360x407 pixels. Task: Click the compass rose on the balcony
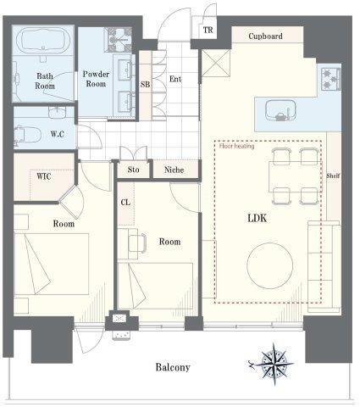274,364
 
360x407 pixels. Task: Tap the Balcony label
173,367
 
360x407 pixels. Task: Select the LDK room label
257,218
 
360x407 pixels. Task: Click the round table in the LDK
270,265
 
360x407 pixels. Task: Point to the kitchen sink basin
280,110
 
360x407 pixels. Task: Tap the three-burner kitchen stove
330,80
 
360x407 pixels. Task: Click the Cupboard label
265,36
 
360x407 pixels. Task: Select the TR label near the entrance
208,30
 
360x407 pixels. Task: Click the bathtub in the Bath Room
43,41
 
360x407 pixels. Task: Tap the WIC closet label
44,176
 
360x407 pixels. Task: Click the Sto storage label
133,170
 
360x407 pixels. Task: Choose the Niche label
174,170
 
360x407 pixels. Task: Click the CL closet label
125,203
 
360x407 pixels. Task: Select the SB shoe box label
145,84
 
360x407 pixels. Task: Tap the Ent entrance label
175,79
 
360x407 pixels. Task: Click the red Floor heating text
236,146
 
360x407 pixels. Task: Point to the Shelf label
333,176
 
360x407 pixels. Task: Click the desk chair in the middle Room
137,243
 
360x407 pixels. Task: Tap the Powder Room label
96,79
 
